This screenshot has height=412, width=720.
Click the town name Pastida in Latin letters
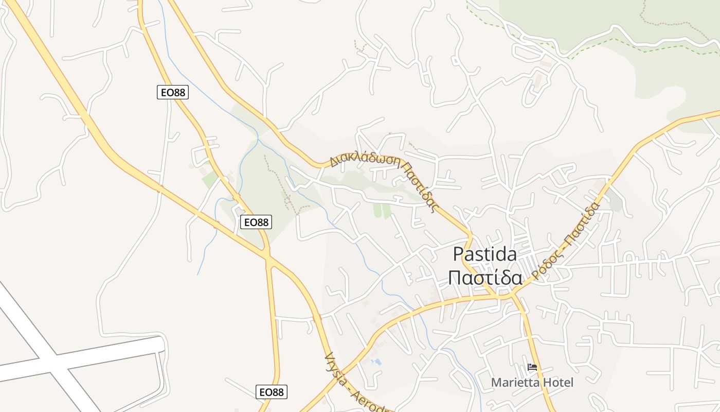coord(485,254)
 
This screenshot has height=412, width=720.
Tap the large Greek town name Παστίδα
coord(485,278)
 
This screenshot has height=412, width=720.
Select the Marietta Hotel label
coord(532,383)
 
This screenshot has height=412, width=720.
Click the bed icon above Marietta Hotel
coord(532,367)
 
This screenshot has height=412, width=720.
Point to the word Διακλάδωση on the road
coord(365,158)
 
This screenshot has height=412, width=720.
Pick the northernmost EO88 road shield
coord(173,92)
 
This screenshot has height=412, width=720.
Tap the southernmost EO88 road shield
coord(271,392)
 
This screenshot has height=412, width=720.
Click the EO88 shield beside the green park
coord(256,222)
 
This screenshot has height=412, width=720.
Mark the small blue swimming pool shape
coord(377,362)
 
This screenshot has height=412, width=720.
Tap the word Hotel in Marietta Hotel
coord(557,383)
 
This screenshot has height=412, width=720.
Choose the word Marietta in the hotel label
coord(515,383)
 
